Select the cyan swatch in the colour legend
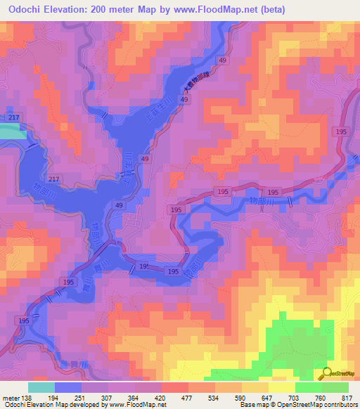41,387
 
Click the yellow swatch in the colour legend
281,387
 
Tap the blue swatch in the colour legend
68,387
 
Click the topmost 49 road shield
223,62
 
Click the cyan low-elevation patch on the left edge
11,133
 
